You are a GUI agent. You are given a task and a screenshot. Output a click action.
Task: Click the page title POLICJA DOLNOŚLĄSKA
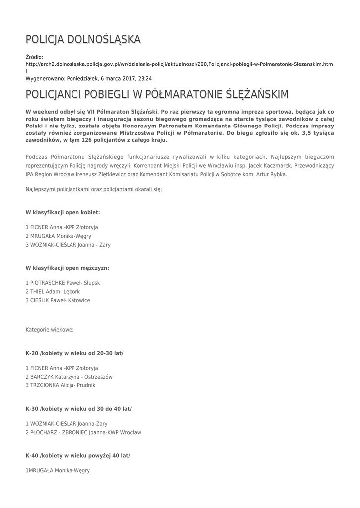(x=83, y=39)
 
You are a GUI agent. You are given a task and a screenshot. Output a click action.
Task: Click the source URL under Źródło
(x=179, y=64)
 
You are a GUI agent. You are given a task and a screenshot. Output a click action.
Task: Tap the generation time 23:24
(x=145, y=78)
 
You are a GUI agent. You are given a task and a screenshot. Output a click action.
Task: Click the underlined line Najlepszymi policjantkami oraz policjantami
(x=93, y=189)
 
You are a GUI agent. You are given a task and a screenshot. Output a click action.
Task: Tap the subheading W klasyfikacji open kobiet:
(x=63, y=212)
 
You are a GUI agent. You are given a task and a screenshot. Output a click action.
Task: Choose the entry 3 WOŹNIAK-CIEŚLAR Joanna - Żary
(x=68, y=245)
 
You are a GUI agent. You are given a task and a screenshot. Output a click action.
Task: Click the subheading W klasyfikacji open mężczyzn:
(x=67, y=268)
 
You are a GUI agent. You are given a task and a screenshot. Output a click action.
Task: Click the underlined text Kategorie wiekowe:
(x=50, y=329)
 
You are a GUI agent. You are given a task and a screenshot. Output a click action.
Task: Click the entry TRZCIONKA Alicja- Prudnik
(x=63, y=385)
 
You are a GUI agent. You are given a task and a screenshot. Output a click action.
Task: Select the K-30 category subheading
(x=78, y=409)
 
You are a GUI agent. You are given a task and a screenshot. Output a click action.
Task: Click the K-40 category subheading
(x=77, y=455)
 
